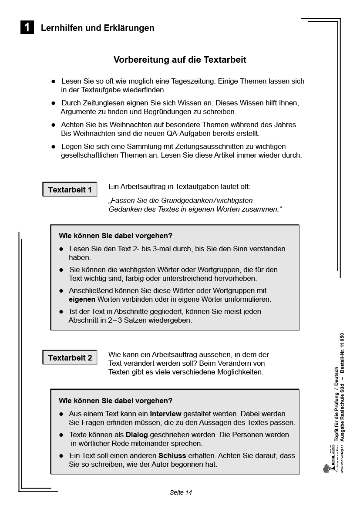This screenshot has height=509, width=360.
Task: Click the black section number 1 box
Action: (x=27, y=28)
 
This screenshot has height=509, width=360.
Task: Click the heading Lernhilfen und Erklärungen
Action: (x=98, y=28)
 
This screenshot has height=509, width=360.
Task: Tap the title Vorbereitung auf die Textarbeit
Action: (x=180, y=60)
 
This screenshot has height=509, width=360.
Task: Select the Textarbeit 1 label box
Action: (x=70, y=190)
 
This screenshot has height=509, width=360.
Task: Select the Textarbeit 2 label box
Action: (x=70, y=358)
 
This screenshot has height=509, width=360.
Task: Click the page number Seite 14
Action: (x=181, y=492)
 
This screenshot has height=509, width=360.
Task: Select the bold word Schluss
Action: (x=172, y=455)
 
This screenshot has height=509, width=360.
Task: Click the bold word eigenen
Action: (x=82, y=300)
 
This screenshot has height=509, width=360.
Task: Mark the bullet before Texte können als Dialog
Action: (x=62, y=435)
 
